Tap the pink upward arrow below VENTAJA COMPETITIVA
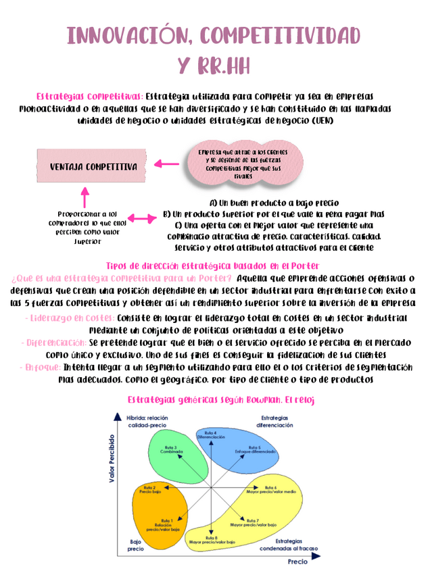click(85, 197)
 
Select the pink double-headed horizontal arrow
click(142, 218)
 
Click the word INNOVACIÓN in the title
click(132, 35)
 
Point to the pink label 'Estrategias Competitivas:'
click(89, 96)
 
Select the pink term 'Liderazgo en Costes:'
click(69, 318)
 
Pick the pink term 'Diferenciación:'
click(53, 343)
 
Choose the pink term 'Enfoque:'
click(40, 367)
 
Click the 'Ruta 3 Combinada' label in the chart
click(170, 449)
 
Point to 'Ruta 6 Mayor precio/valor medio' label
click(271, 489)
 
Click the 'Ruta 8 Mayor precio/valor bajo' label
click(212, 539)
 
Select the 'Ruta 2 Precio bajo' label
click(150, 489)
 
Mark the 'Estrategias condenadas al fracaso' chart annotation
click(289, 544)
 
